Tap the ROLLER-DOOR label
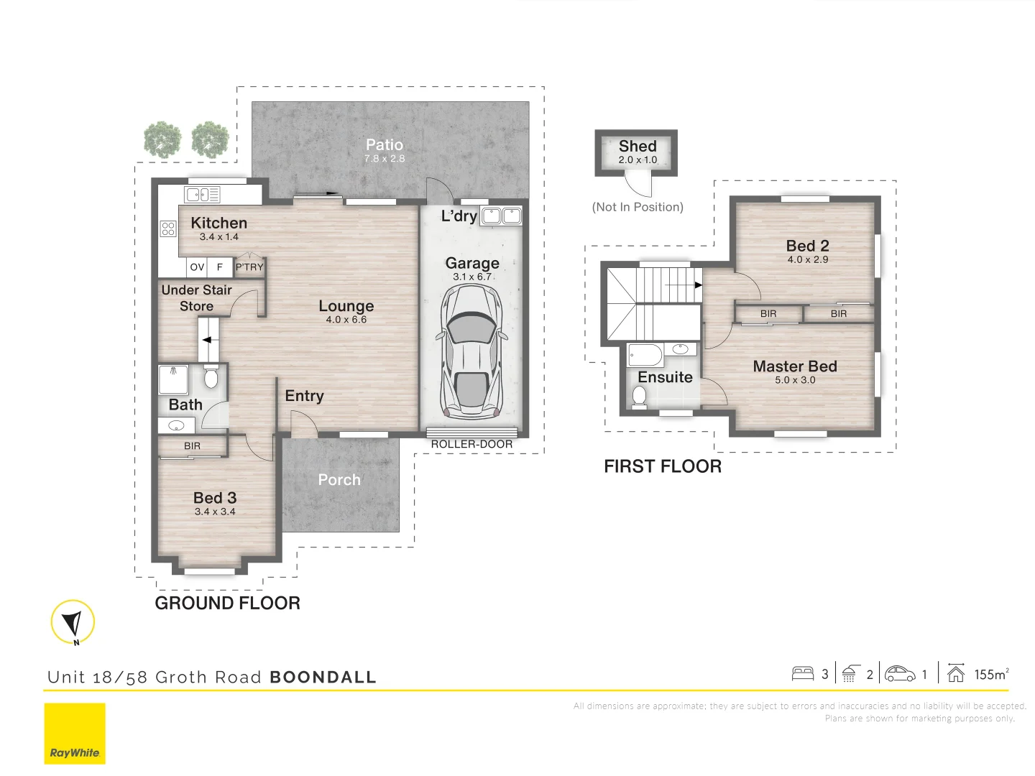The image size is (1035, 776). point(471,445)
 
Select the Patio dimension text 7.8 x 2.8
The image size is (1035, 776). point(385,159)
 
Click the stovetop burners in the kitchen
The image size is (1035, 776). point(168,228)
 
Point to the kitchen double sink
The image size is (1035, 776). point(202,195)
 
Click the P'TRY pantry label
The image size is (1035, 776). point(249,267)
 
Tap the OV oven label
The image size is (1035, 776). point(197,267)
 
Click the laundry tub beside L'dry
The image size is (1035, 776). point(501,216)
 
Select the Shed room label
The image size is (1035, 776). point(638,147)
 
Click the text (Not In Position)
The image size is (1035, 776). point(638,207)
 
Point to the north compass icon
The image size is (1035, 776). point(73,622)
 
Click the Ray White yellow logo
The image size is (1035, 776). point(75,734)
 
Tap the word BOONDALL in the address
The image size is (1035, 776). point(323,678)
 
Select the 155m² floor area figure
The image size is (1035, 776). point(991,674)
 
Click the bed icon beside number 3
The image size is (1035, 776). point(802,674)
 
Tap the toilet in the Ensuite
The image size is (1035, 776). point(639,397)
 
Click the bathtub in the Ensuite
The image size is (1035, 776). point(645,354)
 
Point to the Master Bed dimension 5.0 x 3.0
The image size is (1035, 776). point(795,380)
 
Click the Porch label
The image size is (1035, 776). point(339,480)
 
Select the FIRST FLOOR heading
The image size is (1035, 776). point(662,466)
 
